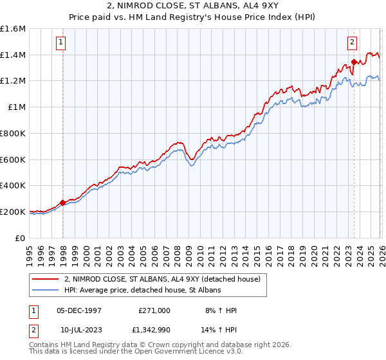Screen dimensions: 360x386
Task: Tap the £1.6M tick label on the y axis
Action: click(x=13, y=29)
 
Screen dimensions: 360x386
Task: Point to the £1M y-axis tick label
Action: click(x=16, y=107)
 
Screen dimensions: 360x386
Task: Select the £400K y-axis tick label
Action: click(x=13, y=186)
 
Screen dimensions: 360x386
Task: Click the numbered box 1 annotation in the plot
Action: click(x=60, y=43)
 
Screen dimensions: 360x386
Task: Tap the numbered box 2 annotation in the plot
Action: click(x=353, y=43)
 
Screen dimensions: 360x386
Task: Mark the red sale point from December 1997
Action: click(x=62, y=203)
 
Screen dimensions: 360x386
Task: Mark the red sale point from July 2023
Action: click(x=354, y=62)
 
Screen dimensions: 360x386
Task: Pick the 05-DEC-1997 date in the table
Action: click(x=79, y=310)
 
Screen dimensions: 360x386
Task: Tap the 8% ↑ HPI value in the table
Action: click(x=220, y=310)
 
